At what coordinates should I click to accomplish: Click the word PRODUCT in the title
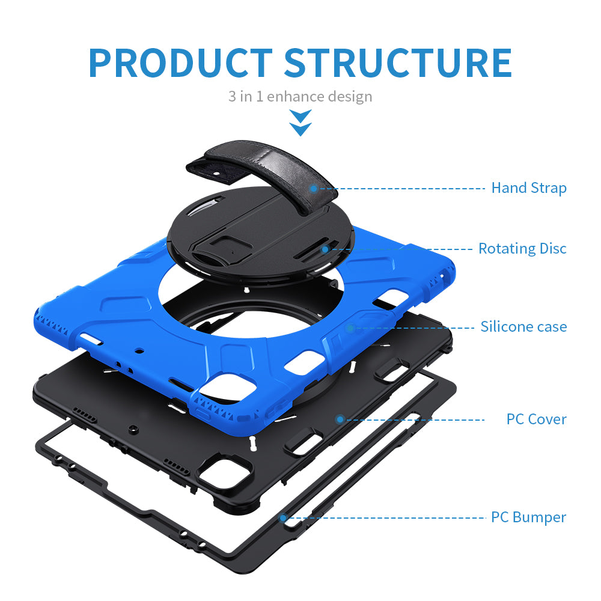[x=180, y=62]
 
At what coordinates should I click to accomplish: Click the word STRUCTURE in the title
[x=398, y=62]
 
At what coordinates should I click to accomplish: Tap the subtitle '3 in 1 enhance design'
[x=300, y=96]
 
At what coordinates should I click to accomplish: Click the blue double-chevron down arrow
[x=300, y=122]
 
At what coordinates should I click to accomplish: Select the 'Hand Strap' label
[x=529, y=188]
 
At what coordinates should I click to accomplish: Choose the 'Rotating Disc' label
[x=522, y=248]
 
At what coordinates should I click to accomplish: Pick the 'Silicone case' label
[x=523, y=327]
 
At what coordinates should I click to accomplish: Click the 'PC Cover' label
[x=536, y=419]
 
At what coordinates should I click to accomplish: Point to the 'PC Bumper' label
[x=528, y=517]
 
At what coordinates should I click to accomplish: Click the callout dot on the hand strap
[x=314, y=188]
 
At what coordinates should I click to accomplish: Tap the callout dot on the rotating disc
[x=325, y=248]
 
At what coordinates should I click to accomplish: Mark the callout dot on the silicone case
[x=351, y=328]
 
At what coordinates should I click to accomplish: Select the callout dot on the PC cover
[x=340, y=419]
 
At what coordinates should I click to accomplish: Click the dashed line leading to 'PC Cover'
[x=415, y=419]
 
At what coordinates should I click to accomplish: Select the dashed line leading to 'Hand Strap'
[x=403, y=188]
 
